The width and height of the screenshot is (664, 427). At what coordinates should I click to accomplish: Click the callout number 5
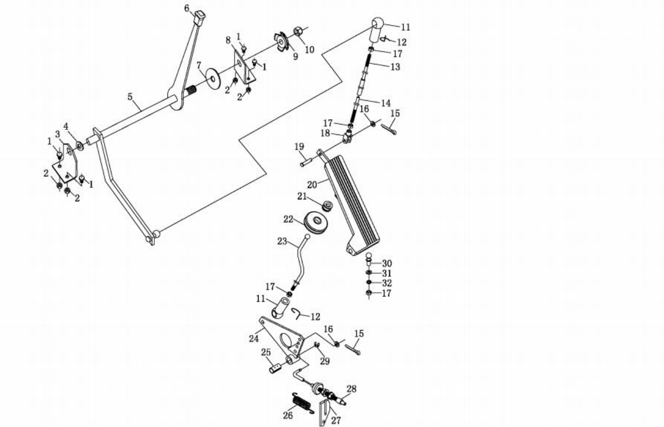(x=131, y=95)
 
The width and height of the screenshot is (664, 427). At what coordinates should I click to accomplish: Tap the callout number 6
(x=187, y=8)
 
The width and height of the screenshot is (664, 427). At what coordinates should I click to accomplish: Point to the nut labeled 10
(x=298, y=32)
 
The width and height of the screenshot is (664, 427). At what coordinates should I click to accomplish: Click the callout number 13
(x=395, y=66)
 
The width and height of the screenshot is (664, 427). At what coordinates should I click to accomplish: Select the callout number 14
(x=385, y=103)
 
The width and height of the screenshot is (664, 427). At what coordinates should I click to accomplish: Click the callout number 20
(x=313, y=184)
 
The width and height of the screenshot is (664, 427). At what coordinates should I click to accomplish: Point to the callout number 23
(x=281, y=241)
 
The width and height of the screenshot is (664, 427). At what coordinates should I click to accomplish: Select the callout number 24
(x=254, y=338)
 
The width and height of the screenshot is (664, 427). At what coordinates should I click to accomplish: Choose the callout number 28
(x=351, y=389)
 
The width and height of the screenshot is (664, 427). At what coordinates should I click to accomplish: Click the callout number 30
(x=387, y=263)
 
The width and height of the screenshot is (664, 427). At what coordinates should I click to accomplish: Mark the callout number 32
(x=387, y=283)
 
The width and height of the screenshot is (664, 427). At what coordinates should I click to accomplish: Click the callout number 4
(x=66, y=125)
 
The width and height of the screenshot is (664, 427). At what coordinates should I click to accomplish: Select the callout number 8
(x=228, y=39)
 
